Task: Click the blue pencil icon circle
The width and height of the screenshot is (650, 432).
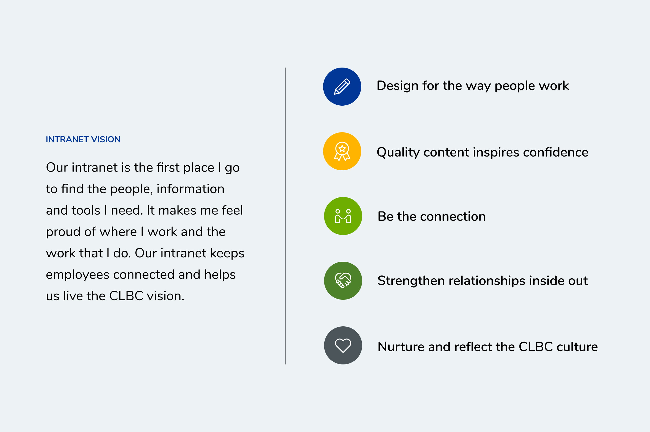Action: (342, 87)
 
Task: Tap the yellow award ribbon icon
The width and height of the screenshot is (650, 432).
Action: (342, 151)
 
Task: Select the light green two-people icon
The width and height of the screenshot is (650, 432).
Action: (343, 216)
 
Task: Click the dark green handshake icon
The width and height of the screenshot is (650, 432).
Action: (343, 281)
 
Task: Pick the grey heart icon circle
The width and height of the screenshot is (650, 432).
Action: (343, 345)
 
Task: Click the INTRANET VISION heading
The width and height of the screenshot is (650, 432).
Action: (83, 139)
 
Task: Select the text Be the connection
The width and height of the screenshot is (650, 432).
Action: (432, 216)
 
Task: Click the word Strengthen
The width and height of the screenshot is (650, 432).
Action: (410, 281)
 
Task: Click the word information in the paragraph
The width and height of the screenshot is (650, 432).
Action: (190, 189)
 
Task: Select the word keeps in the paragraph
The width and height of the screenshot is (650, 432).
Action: (227, 254)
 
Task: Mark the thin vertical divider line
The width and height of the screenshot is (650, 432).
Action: (285, 216)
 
